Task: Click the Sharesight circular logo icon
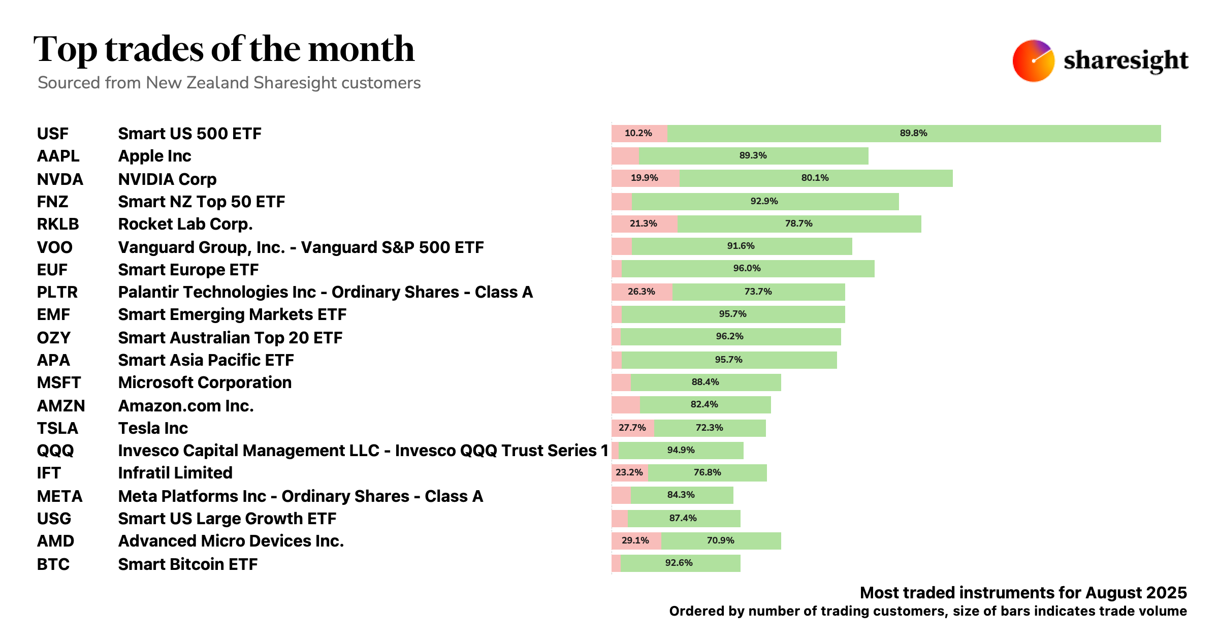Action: (1033, 61)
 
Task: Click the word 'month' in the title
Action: (361, 50)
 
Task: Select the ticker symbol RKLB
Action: (58, 224)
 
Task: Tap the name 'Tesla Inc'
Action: (153, 428)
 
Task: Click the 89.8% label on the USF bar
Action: (913, 133)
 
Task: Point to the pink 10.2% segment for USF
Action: (638, 133)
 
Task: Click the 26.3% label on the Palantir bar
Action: (641, 292)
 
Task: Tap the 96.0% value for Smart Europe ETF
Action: (747, 268)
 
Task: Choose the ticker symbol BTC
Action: (53, 564)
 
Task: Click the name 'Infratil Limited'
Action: (175, 473)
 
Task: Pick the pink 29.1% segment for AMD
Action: (635, 540)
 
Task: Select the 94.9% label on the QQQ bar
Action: (681, 450)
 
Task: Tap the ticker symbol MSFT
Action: (59, 382)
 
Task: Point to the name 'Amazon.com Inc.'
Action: (186, 406)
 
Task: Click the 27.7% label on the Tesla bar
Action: (632, 428)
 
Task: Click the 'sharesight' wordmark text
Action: (1126, 61)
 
